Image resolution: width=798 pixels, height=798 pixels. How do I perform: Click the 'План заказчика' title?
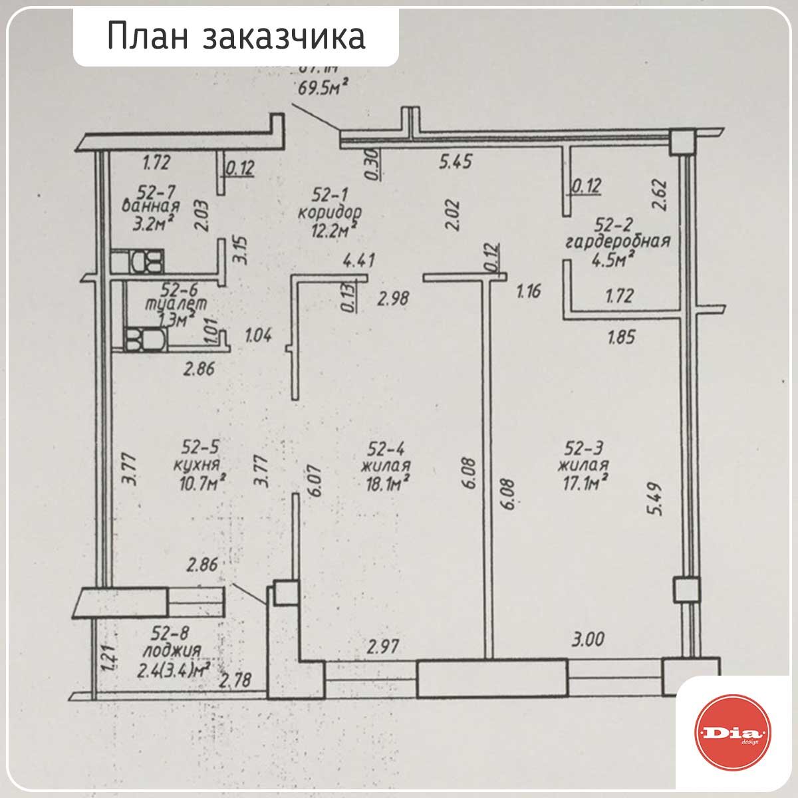click(x=236, y=37)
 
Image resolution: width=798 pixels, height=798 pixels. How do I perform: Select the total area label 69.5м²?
click(x=322, y=88)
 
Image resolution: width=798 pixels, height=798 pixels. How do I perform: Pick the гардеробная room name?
click(x=617, y=241)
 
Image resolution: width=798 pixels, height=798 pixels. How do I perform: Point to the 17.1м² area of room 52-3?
click(x=585, y=481)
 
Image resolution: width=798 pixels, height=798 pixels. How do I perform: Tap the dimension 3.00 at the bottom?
click(x=588, y=640)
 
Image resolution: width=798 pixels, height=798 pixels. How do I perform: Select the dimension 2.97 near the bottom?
click(x=383, y=645)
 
